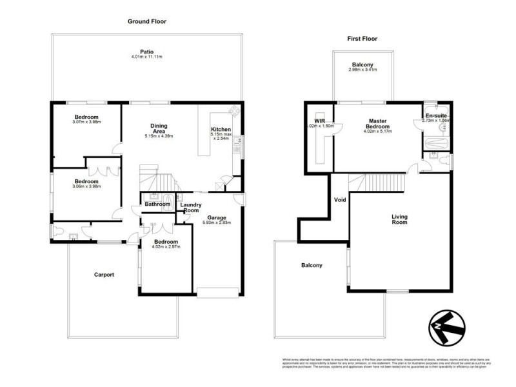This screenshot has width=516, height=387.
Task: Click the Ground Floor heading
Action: [x=146, y=21]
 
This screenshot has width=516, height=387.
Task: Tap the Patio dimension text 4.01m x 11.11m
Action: [x=146, y=57]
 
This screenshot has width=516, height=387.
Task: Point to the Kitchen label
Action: [x=221, y=130]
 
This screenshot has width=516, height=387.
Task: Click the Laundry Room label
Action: [x=190, y=208]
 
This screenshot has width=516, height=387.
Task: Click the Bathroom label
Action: [x=157, y=204]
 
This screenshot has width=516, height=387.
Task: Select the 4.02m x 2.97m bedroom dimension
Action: [x=166, y=246]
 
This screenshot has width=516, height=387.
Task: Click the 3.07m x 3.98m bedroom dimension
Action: [x=87, y=122]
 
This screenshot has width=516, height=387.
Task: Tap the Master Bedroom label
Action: [x=377, y=124]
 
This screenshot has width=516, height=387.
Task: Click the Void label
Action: [x=340, y=199]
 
